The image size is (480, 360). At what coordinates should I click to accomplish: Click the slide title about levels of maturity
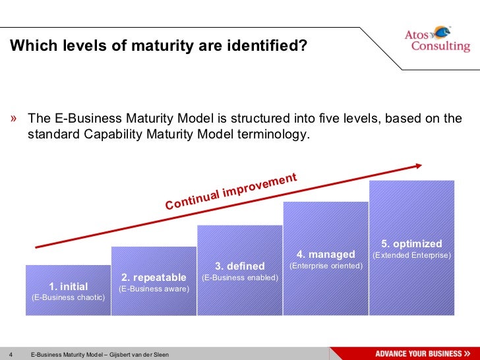coord(158,46)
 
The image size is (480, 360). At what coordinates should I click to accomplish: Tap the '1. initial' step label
coord(69,286)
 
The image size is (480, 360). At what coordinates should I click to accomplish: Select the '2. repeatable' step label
coord(154,278)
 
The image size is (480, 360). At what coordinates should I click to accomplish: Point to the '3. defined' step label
coord(240,266)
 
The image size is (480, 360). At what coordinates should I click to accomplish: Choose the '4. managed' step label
coord(326,255)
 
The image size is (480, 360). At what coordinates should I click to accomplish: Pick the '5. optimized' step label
coord(411,243)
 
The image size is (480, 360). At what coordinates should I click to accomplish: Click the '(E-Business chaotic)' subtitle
coord(69,297)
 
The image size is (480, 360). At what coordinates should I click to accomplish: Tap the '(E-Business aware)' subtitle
coord(154,289)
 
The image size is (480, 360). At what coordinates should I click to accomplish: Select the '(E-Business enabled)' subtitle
coord(240,278)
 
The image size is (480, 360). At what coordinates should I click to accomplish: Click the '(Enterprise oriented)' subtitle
coord(326,266)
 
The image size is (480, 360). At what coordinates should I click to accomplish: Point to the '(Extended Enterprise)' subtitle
coord(411,255)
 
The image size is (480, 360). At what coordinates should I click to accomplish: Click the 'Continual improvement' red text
coord(231,192)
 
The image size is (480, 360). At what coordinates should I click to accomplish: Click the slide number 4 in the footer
coord(12,355)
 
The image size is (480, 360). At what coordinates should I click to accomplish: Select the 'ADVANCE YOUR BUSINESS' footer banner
coord(423,353)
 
